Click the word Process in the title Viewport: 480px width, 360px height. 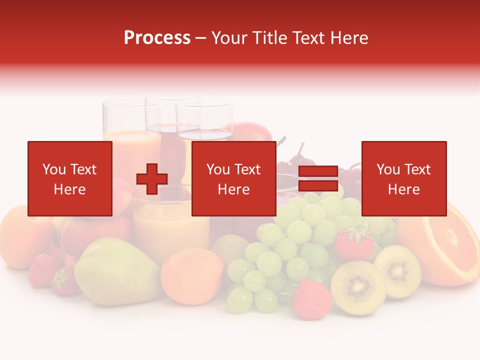(157, 38)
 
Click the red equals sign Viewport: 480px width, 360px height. (318, 179)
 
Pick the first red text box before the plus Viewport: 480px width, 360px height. (69, 178)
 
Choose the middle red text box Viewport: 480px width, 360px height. (233, 178)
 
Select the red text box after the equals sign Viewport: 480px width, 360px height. (403, 178)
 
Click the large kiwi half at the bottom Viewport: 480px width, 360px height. (358, 287)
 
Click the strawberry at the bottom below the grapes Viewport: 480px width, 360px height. (311, 299)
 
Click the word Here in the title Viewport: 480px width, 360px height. (349, 38)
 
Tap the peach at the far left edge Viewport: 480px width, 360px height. (20, 235)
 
